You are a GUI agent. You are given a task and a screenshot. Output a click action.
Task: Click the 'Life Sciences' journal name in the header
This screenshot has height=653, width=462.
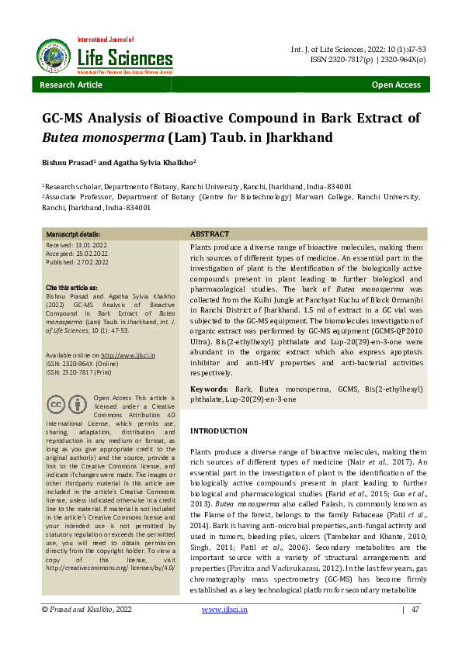tap(125, 58)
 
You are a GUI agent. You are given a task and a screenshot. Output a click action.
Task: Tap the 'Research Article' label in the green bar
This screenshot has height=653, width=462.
tap(71, 85)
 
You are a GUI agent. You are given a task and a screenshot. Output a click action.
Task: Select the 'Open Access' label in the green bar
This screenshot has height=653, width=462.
tap(396, 85)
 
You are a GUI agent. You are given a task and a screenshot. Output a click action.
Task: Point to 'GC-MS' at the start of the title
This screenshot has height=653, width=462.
tap(64, 118)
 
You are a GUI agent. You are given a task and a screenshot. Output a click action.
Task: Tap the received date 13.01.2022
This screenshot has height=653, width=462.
tap(96, 245)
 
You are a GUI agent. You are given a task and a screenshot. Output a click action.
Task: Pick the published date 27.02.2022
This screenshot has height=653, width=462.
tap(98, 262)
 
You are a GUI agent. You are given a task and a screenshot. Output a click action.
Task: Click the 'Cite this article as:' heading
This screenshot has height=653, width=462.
tap(77, 288)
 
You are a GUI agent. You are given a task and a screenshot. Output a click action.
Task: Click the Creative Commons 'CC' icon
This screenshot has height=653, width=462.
tap(56, 405)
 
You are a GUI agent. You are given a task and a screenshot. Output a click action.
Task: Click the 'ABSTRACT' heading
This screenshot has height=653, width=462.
tap(210, 234)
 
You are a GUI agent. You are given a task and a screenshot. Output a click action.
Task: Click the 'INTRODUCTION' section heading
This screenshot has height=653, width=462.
tap(219, 430)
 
